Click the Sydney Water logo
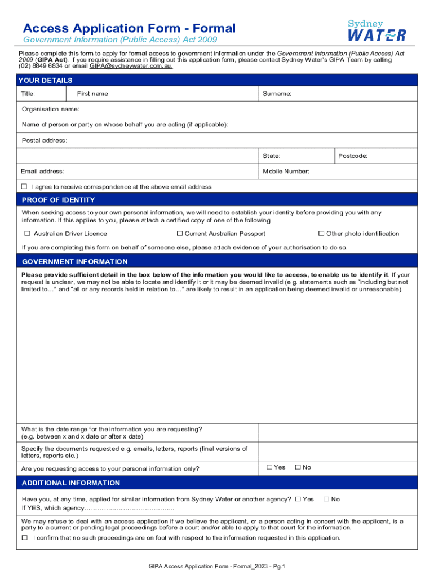click(377, 30)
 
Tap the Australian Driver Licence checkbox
click(27, 234)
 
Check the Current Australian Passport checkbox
click(180, 234)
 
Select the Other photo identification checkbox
click(321, 234)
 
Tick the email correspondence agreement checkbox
click(24, 186)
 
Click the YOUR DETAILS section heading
click(45, 81)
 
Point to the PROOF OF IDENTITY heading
click(58, 200)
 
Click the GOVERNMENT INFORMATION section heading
click(74, 262)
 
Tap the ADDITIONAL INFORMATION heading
click(70, 483)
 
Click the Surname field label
click(277, 94)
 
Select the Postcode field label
click(353, 156)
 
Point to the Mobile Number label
click(286, 171)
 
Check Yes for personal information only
click(269, 467)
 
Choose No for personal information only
click(298, 467)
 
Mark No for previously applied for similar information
click(326, 499)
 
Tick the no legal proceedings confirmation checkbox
click(24, 538)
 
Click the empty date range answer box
click(338, 433)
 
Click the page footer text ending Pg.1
click(217, 566)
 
